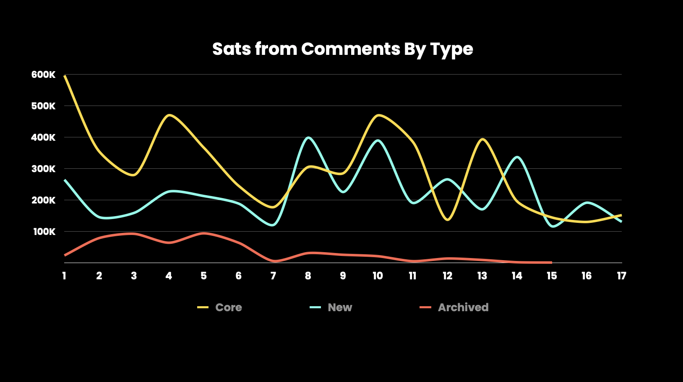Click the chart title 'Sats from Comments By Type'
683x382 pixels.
pos(342,49)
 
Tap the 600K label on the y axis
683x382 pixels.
pos(43,75)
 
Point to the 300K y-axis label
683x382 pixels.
pos(43,169)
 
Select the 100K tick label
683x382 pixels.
pos(44,232)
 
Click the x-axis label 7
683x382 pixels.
pos(273,276)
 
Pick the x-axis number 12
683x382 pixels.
pos(447,276)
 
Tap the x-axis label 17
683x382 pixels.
pos(621,276)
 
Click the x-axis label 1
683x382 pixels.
pos(64,276)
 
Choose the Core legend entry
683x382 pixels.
pos(229,307)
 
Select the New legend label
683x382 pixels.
pos(340,307)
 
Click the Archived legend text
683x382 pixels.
pos(463,307)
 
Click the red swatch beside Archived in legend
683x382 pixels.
pos(425,307)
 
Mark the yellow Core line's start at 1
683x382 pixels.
pos(65,75)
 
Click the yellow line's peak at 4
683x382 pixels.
pos(169,115)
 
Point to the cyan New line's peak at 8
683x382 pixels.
pos(308,138)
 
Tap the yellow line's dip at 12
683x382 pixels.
pos(447,219)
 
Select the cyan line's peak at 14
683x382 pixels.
pos(517,157)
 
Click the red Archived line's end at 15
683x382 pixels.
pos(551,262)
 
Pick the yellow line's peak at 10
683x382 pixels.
pos(378,115)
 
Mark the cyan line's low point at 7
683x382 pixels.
pos(273,225)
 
